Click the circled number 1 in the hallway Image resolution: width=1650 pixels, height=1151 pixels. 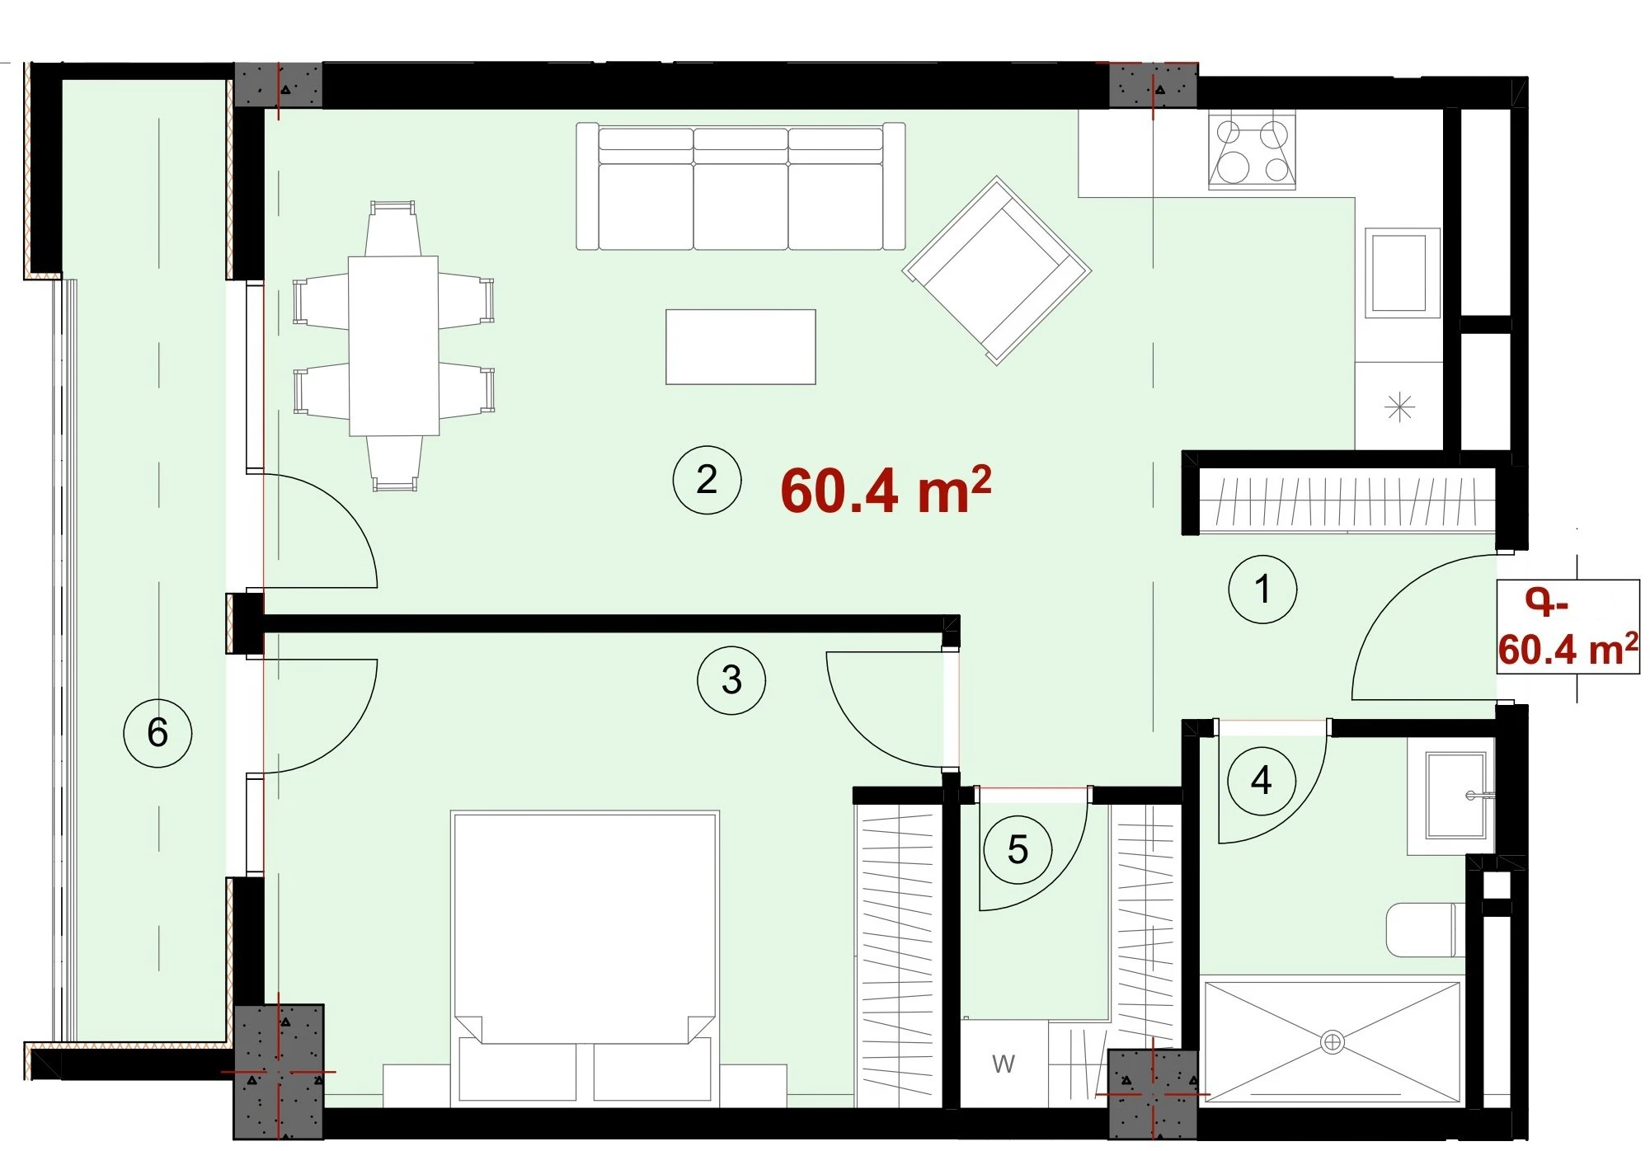click(x=1262, y=589)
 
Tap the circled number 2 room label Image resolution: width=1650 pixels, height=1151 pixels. click(x=707, y=480)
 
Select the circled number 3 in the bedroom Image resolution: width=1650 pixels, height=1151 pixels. click(x=731, y=680)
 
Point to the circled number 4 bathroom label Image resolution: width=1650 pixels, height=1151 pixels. click(x=1261, y=781)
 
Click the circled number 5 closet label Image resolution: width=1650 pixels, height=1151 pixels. click(x=1018, y=849)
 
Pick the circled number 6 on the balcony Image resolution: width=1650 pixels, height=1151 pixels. click(x=157, y=732)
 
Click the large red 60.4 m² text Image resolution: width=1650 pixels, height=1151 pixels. click(x=886, y=490)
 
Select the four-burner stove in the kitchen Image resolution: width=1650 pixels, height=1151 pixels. click(x=1252, y=152)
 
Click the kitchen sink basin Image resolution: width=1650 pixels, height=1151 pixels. click(x=1402, y=273)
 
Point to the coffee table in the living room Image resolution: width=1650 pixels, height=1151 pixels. click(x=740, y=346)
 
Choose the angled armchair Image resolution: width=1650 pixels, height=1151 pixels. click(x=996, y=270)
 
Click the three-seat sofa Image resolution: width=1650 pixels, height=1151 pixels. click(x=740, y=186)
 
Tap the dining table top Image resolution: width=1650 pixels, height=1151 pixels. click(x=393, y=345)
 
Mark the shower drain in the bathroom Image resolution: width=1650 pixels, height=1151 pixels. click(x=1333, y=1042)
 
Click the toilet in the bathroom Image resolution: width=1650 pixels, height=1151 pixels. click(x=1426, y=929)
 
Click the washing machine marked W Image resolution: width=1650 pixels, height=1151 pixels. click(x=1004, y=1064)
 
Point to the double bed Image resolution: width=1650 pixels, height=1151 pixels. click(x=585, y=958)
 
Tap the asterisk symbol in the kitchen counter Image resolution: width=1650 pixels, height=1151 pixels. click(x=1399, y=407)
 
